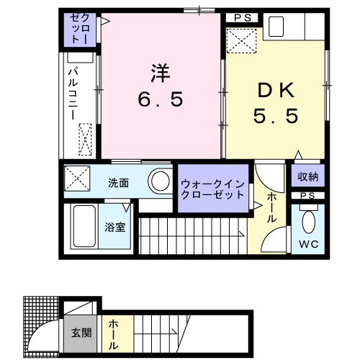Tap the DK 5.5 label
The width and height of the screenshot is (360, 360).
(x=274, y=102)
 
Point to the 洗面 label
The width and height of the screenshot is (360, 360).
(x=119, y=182)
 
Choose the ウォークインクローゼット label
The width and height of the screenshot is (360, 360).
(x=213, y=189)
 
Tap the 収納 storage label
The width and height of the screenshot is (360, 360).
(x=308, y=176)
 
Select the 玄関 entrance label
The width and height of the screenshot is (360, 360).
(x=81, y=333)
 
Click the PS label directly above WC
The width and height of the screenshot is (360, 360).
(x=307, y=195)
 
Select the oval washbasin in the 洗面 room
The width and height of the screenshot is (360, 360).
(x=160, y=181)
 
